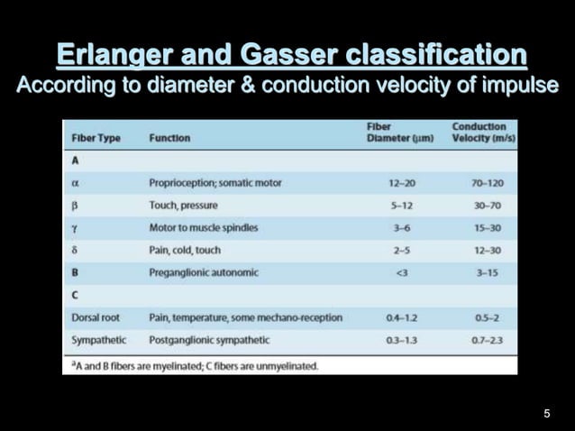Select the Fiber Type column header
click(96, 138)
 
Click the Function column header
click(169, 138)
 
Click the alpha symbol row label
click(77, 182)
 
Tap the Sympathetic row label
click(99, 340)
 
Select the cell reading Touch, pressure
click(183, 205)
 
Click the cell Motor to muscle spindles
click(204, 227)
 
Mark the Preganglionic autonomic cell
click(204, 272)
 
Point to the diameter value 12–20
click(402, 183)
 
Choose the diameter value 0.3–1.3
click(402, 340)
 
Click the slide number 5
click(546, 413)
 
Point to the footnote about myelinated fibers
click(195, 365)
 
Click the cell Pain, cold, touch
click(185, 250)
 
